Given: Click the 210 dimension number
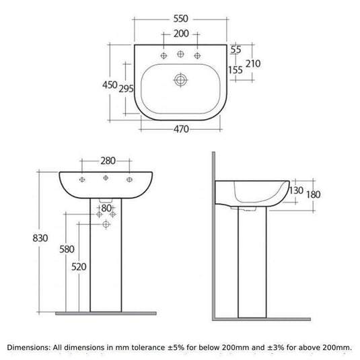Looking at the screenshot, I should (253, 64).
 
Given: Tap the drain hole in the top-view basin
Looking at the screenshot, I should (180, 80).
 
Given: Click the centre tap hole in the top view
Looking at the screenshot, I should (180, 54).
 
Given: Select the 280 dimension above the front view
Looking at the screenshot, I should (107, 161).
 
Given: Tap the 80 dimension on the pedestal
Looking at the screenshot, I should (106, 208).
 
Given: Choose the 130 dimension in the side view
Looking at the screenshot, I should (295, 190).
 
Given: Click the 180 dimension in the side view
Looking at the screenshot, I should (313, 194).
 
